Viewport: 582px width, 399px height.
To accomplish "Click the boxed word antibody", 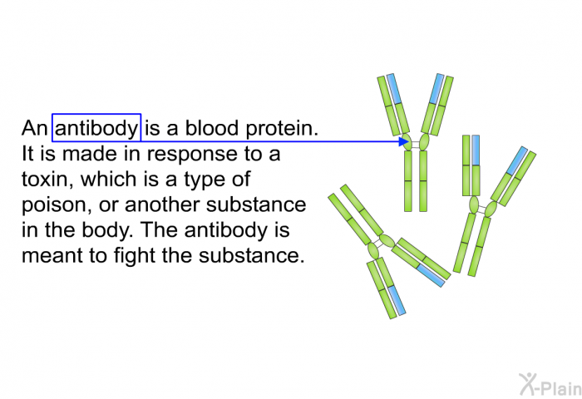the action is pyautogui.click(x=96, y=128).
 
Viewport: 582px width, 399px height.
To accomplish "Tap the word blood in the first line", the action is pyautogui.click(x=211, y=128).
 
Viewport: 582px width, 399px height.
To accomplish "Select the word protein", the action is pyautogui.click(x=282, y=129).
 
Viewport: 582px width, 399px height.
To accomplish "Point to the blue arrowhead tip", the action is pyautogui.click(x=409, y=141).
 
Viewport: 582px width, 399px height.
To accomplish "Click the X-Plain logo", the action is pyautogui.click(x=550, y=384).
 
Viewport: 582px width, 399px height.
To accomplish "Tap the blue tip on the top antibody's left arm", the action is pyautogui.click(x=394, y=89).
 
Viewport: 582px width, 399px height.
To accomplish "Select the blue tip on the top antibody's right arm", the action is pyautogui.click(x=436, y=89).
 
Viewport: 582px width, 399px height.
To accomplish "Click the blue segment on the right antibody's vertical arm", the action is pyautogui.click(x=476, y=150).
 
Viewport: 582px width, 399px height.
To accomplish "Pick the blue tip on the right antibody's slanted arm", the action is pyautogui.click(x=517, y=160).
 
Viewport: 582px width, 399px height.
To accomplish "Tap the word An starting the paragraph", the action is pyautogui.click(x=35, y=128).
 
